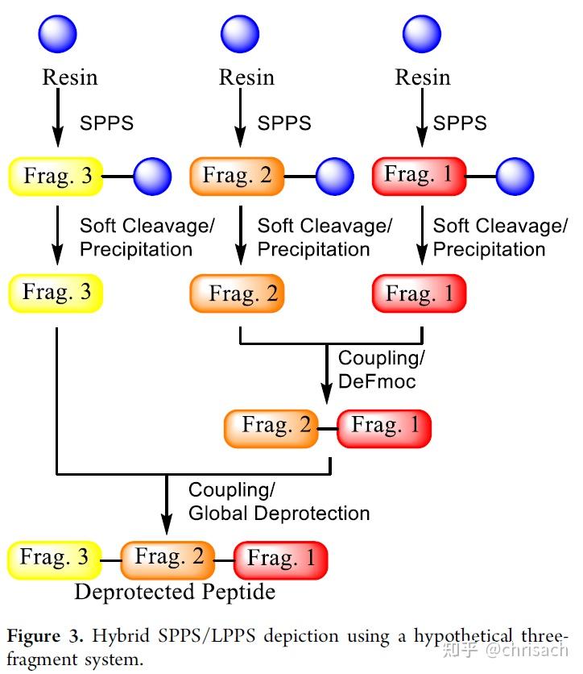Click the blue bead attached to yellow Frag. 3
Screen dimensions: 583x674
point(152,177)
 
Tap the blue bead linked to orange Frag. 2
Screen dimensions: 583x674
point(335,177)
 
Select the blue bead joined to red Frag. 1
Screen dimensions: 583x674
point(515,177)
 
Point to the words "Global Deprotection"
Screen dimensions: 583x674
point(279,514)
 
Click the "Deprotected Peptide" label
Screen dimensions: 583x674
point(175,592)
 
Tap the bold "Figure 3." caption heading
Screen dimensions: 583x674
point(44,636)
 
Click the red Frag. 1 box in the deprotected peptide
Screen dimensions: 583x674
point(281,560)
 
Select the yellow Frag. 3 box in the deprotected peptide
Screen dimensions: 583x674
point(55,560)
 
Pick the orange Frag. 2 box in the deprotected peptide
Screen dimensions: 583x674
point(167,560)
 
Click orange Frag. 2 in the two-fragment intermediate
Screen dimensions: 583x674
point(271,429)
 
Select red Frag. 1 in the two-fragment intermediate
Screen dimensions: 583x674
point(384,429)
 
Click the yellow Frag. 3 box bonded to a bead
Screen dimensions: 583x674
point(56,177)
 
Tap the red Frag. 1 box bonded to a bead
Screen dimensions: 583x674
point(420,177)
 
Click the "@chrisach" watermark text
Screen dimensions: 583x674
point(527,650)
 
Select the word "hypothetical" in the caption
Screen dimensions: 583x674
point(463,636)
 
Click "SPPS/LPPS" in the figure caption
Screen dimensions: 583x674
point(207,636)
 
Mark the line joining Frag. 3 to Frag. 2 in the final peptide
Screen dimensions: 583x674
point(111,560)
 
